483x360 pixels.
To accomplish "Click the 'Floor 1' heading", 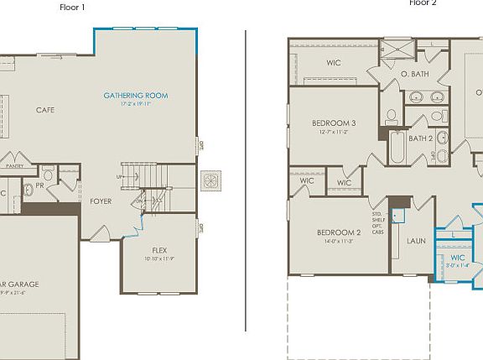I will [72, 7].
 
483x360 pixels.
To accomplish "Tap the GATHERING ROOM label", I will [136, 96].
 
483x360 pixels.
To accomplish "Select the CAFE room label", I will [45, 110].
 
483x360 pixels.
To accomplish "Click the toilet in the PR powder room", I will [27, 190].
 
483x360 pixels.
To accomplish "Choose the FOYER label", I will [101, 201].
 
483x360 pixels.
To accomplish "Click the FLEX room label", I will [159, 251].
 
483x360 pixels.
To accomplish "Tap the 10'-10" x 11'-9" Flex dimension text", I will [159, 259].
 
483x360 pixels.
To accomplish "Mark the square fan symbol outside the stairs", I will [211, 180].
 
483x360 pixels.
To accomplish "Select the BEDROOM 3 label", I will [333, 123].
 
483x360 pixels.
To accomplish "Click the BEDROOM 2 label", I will [339, 232].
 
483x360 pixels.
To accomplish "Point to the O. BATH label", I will [414, 75].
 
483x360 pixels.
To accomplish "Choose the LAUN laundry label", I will [416, 241].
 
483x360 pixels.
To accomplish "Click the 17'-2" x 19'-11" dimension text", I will [136, 105].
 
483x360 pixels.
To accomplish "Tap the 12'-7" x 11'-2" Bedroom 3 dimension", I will [333, 132].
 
